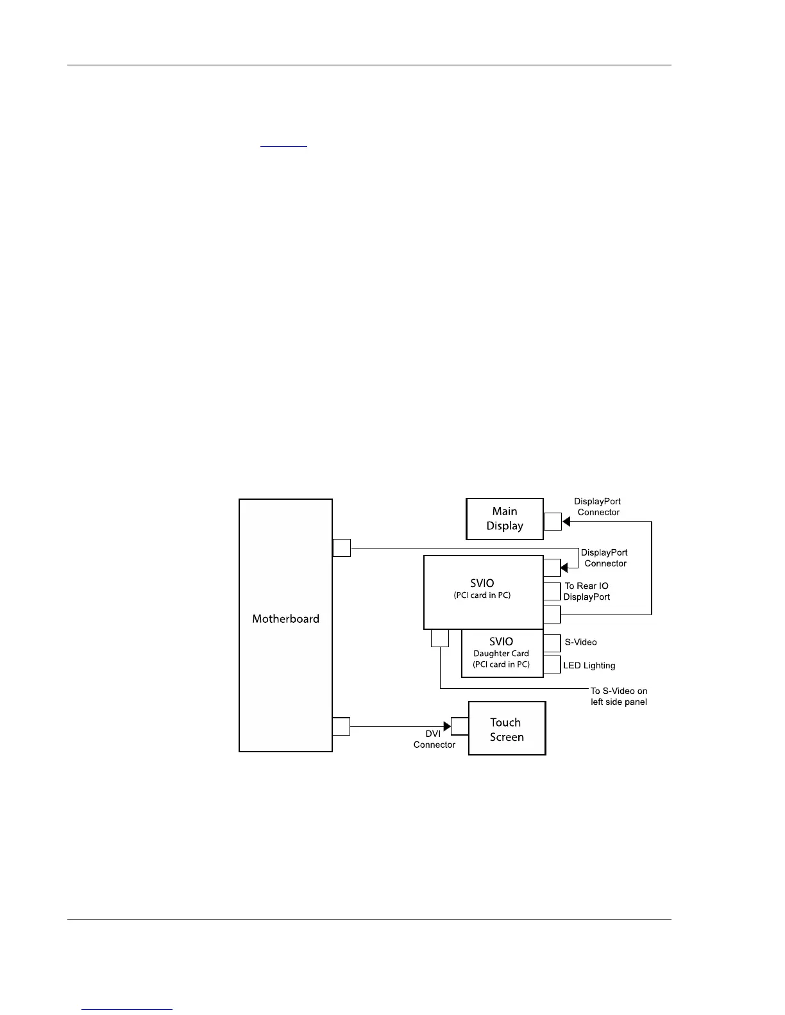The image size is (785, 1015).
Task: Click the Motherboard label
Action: [x=285, y=619]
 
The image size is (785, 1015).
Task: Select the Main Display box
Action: [x=505, y=519]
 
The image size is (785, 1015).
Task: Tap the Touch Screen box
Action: [x=507, y=729]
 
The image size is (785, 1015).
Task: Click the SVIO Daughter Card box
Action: [x=502, y=654]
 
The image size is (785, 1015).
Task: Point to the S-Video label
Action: [x=580, y=642]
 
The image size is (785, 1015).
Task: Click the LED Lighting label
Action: [x=589, y=666]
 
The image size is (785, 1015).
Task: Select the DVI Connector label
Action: [x=434, y=739]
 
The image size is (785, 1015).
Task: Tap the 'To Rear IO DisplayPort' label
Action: [x=586, y=591]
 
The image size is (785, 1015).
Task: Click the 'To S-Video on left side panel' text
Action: [x=619, y=697]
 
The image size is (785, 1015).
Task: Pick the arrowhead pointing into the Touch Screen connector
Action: [x=447, y=726]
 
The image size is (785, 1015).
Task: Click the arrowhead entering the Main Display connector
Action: [x=566, y=522]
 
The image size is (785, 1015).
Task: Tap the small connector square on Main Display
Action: [x=552, y=522]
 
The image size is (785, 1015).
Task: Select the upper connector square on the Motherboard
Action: [x=342, y=548]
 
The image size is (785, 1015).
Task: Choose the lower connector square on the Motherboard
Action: [x=341, y=726]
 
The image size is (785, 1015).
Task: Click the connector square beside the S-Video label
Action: [x=552, y=643]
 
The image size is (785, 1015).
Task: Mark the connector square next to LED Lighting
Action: [x=552, y=664]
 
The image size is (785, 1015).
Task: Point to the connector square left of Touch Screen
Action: [x=460, y=726]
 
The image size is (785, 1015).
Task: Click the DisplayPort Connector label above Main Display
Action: [x=598, y=507]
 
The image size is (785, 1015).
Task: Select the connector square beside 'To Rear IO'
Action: [x=552, y=591]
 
